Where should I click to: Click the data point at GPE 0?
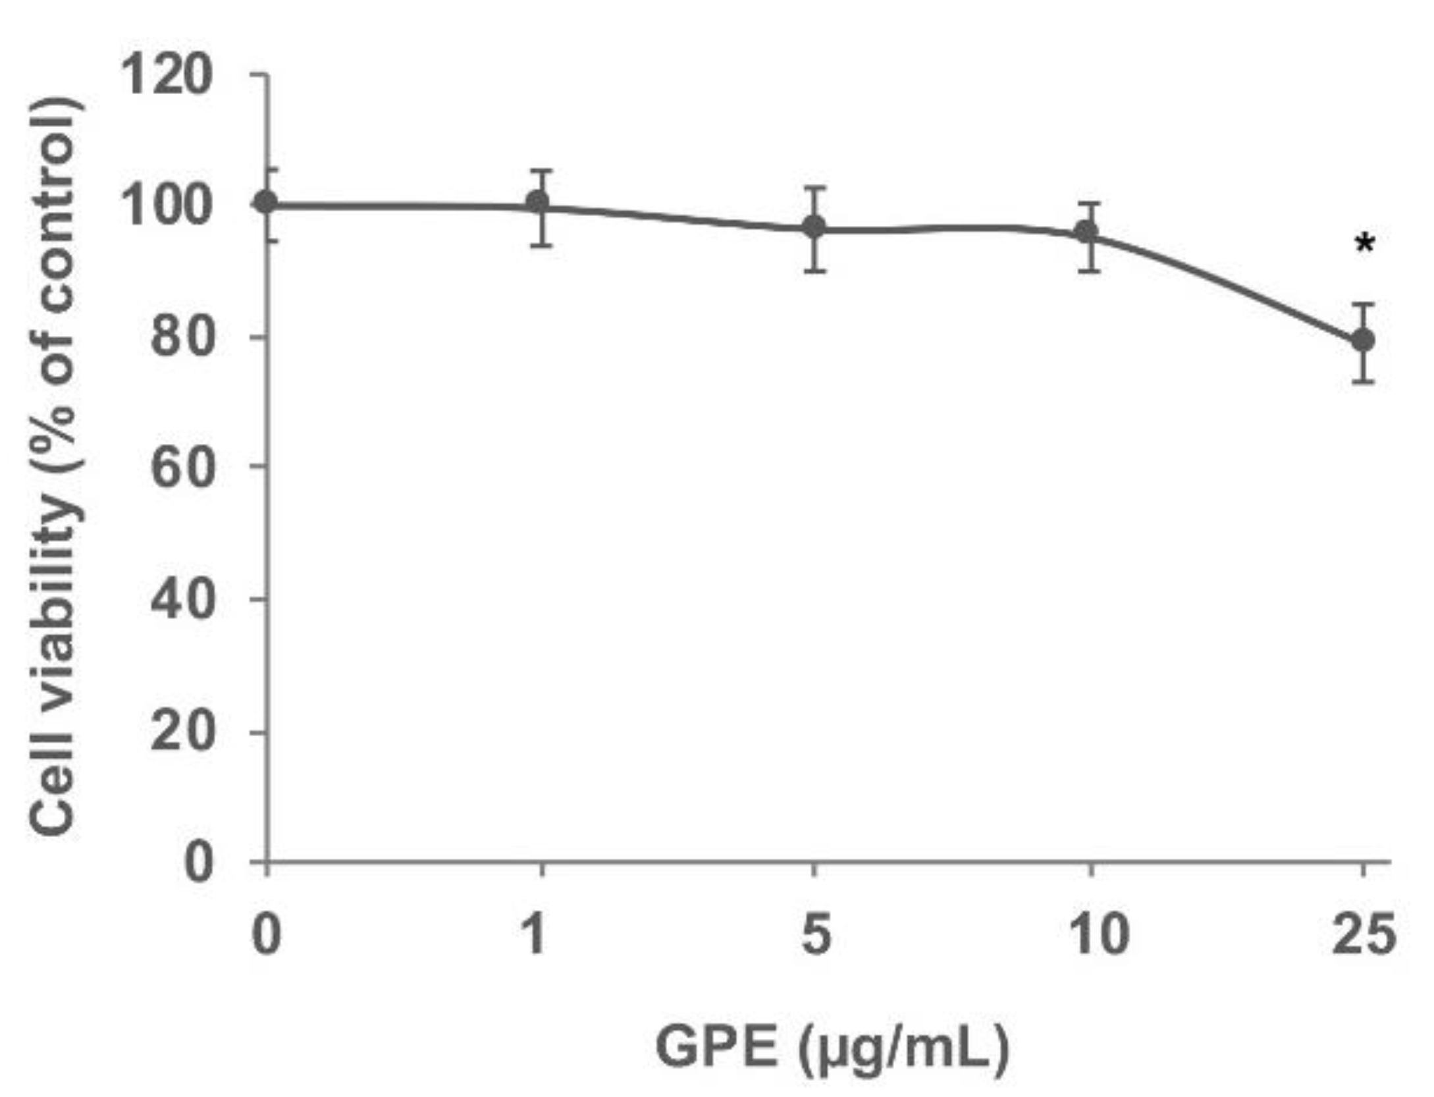pos(267,202)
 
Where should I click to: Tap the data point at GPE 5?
pos(814,227)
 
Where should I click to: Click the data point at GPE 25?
pos(1362,340)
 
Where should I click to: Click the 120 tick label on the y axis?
pos(166,76)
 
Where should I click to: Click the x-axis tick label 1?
pos(535,935)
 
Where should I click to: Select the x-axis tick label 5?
pos(816,935)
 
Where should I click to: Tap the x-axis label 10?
pos(1098,935)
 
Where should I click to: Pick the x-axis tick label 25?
pos(1363,935)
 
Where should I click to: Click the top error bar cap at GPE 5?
pos(814,188)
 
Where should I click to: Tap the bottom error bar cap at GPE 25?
pos(1362,381)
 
